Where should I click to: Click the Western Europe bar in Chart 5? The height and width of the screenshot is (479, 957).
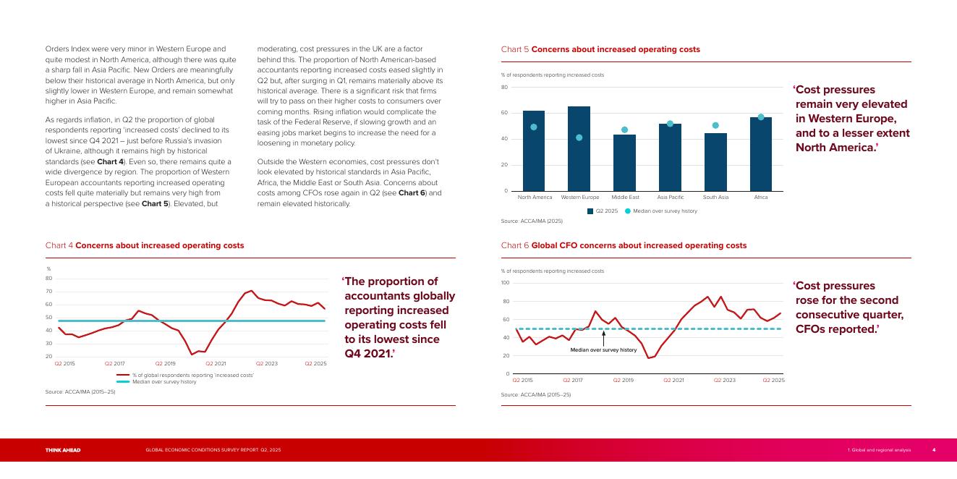pos(579,148)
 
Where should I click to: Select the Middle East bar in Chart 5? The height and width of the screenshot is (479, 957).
pos(624,163)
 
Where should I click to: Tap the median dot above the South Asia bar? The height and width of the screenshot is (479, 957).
pos(715,126)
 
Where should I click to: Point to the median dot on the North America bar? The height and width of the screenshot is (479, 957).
pos(534,127)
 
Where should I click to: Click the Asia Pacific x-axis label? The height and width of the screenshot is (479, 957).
pos(671,198)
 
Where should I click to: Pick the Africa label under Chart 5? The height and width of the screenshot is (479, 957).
pos(761,198)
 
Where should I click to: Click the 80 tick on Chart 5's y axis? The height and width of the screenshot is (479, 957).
pos(504,88)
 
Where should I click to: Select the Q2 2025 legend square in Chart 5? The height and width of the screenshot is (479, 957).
pos(590,211)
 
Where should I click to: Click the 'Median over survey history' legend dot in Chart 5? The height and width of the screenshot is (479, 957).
pos(627,211)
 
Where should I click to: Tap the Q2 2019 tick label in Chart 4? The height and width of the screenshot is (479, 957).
pos(165,363)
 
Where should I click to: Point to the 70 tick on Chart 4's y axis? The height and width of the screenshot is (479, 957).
pos(48,292)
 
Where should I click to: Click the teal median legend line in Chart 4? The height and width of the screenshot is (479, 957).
pos(123,381)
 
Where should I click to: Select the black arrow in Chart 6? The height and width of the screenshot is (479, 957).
pos(603,338)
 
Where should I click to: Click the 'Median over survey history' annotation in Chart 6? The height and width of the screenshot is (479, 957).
pos(603,350)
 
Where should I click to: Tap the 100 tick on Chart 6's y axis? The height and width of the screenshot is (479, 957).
pos(505,283)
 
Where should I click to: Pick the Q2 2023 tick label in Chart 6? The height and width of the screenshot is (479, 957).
pos(724,380)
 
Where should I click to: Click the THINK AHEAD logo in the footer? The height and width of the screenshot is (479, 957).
pos(63,450)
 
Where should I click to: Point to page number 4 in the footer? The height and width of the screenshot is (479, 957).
pos(934,450)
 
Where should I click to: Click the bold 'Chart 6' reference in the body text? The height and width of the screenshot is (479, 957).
pos(412,194)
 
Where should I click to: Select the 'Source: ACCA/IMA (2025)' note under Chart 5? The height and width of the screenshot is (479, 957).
pos(532,221)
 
